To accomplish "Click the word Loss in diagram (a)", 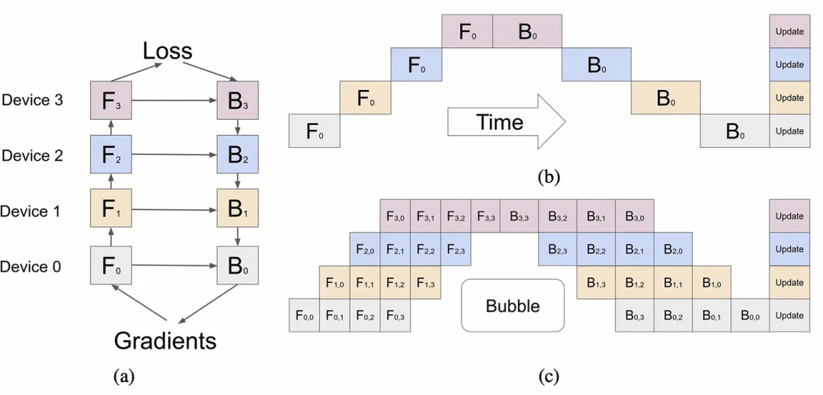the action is [x=168, y=51].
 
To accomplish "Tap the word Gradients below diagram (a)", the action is [x=165, y=341].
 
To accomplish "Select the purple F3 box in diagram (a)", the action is [x=111, y=100].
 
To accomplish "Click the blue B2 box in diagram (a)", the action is [x=238, y=155].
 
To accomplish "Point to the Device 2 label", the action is [x=33, y=156].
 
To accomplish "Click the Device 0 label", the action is [x=31, y=267].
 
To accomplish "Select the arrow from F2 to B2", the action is [x=175, y=155].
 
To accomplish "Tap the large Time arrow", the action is [x=506, y=122].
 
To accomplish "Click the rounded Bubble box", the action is [x=513, y=305].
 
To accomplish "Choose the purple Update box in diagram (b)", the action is [x=789, y=31].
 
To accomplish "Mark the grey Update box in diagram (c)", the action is [x=789, y=316].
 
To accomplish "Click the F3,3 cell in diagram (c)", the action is [x=485, y=216].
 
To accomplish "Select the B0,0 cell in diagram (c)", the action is [x=750, y=316].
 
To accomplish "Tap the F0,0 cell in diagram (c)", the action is [x=304, y=316].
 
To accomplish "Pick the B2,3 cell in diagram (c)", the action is [x=557, y=249].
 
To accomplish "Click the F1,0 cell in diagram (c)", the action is [x=335, y=283].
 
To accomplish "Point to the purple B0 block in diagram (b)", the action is [x=527, y=31].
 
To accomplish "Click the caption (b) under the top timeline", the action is [x=549, y=176].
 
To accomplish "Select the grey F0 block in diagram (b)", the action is [x=315, y=131].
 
